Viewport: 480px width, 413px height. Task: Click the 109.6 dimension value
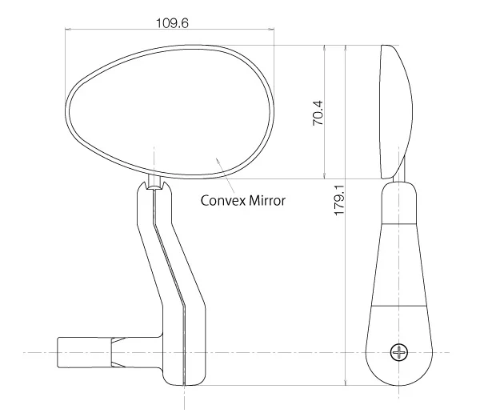click(172, 23)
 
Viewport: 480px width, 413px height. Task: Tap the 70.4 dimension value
click(318, 113)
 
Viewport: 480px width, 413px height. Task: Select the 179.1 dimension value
click(339, 200)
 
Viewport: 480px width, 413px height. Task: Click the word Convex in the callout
click(223, 201)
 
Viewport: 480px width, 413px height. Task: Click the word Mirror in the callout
click(267, 201)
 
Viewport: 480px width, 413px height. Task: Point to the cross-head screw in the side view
click(399, 352)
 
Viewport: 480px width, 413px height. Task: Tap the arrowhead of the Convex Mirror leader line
click(218, 160)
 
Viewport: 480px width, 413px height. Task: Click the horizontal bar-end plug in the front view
click(85, 352)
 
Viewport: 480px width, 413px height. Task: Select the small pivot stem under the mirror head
click(154, 182)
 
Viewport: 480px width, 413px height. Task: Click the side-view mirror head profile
click(397, 112)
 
